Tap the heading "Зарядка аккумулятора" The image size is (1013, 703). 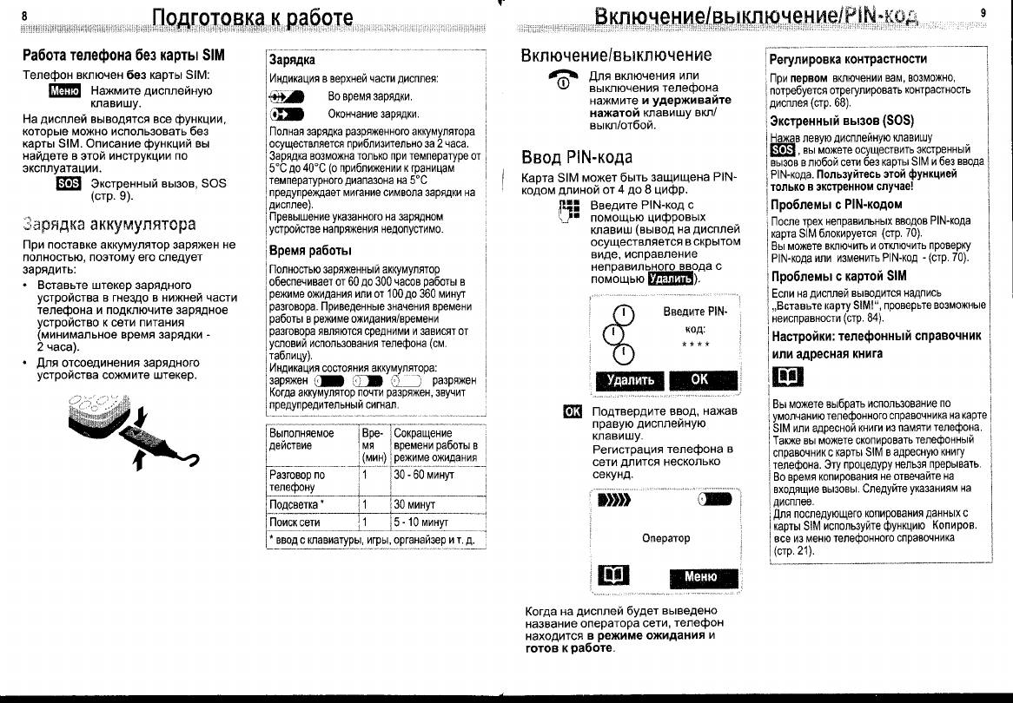click(x=109, y=225)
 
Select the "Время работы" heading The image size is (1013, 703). click(x=310, y=251)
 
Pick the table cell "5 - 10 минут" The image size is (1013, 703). click(x=420, y=522)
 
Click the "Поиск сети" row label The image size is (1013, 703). click(x=295, y=522)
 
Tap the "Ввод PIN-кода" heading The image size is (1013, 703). click(x=576, y=158)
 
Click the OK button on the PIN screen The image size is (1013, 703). click(x=700, y=380)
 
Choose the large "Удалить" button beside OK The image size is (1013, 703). click(x=624, y=380)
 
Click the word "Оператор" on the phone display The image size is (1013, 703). click(x=665, y=538)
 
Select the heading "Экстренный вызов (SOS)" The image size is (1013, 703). click(x=830, y=121)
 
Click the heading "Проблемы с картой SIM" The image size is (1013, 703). click(x=826, y=276)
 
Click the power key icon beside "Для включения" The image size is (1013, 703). click(x=562, y=81)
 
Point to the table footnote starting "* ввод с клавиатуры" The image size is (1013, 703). click(x=374, y=540)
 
